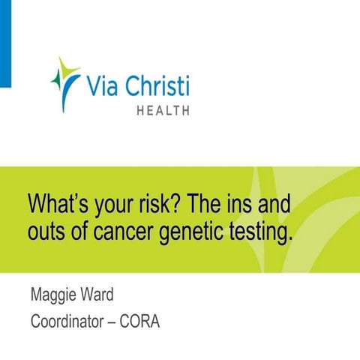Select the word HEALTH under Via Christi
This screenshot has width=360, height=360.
162,110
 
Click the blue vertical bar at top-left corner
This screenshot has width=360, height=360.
4,42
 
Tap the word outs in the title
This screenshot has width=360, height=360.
45,232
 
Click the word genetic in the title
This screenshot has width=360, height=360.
190,232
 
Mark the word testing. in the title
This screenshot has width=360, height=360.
259,232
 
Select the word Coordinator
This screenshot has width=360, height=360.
72,323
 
